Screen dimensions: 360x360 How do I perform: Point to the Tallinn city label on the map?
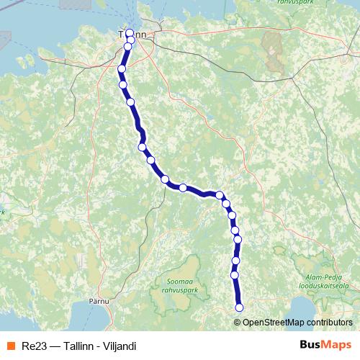tap(132, 35)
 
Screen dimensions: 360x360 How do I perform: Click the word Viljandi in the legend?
tap(120, 346)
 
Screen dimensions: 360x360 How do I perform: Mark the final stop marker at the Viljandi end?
tap(239, 307)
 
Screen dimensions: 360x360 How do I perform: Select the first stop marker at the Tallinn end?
tap(130, 33)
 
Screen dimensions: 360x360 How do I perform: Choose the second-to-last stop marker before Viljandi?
tap(234, 275)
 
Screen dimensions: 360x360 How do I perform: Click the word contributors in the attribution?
tap(330, 322)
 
